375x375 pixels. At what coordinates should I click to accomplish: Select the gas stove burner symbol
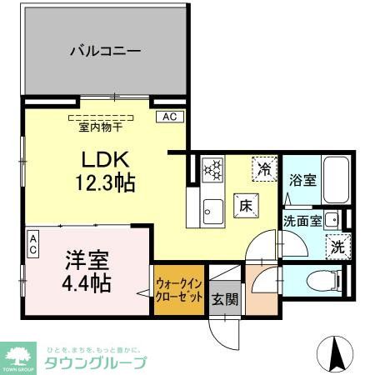(x=213, y=170)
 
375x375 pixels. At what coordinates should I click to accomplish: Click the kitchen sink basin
(x=213, y=211)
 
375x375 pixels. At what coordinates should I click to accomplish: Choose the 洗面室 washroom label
(x=302, y=222)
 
